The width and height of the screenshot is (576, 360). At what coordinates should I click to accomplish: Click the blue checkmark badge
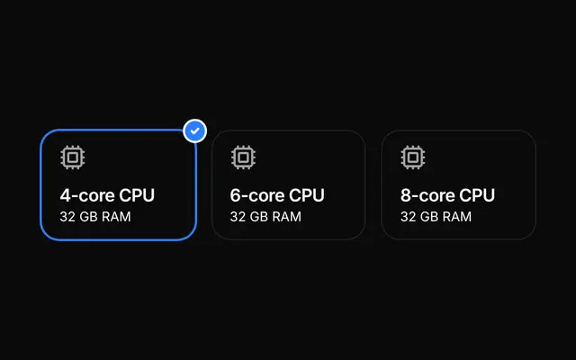[194, 130]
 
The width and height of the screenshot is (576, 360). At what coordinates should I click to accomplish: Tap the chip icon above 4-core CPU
[73, 157]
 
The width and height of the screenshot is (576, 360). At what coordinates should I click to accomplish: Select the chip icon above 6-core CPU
[243, 157]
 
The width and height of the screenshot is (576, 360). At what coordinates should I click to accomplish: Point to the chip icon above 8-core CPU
[413, 157]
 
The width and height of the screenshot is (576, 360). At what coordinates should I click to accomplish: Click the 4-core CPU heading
[107, 195]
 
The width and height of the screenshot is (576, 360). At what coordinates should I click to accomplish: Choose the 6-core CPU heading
[277, 195]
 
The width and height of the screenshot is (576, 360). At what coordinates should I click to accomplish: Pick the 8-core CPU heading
[447, 195]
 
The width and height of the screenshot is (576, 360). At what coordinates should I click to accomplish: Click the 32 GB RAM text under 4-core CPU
[95, 217]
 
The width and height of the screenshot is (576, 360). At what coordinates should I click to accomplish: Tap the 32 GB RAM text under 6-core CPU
[265, 217]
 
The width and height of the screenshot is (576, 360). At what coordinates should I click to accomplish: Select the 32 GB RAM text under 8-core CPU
[436, 217]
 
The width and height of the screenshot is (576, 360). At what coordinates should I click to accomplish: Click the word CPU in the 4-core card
[137, 195]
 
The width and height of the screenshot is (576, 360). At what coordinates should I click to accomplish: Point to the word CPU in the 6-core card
[307, 195]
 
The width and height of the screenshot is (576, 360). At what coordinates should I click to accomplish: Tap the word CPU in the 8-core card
[477, 195]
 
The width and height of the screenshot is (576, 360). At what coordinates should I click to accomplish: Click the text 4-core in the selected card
[87, 195]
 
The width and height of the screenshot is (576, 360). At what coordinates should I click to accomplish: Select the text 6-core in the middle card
[257, 195]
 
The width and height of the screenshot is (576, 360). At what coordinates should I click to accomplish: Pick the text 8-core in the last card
[427, 195]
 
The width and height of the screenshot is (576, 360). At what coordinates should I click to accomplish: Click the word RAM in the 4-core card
[116, 217]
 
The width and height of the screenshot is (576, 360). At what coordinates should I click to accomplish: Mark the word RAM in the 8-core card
[457, 217]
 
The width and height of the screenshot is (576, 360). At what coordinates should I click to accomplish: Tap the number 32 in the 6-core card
[238, 217]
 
